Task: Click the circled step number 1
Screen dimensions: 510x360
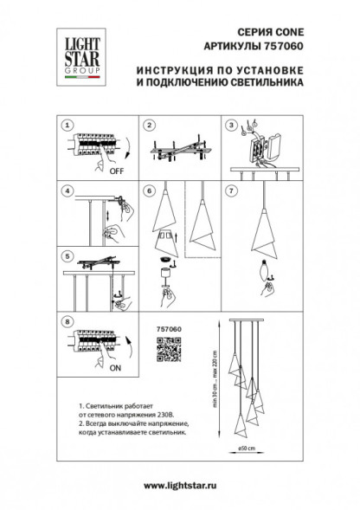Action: click(x=69, y=125)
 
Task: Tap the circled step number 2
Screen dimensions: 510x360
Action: click(x=149, y=125)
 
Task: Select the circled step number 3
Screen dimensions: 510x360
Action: click(x=231, y=125)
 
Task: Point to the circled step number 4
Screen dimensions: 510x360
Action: click(x=69, y=190)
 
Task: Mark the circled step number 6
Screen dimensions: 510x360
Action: click(x=149, y=190)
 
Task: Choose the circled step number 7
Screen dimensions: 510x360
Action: click(x=231, y=190)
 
